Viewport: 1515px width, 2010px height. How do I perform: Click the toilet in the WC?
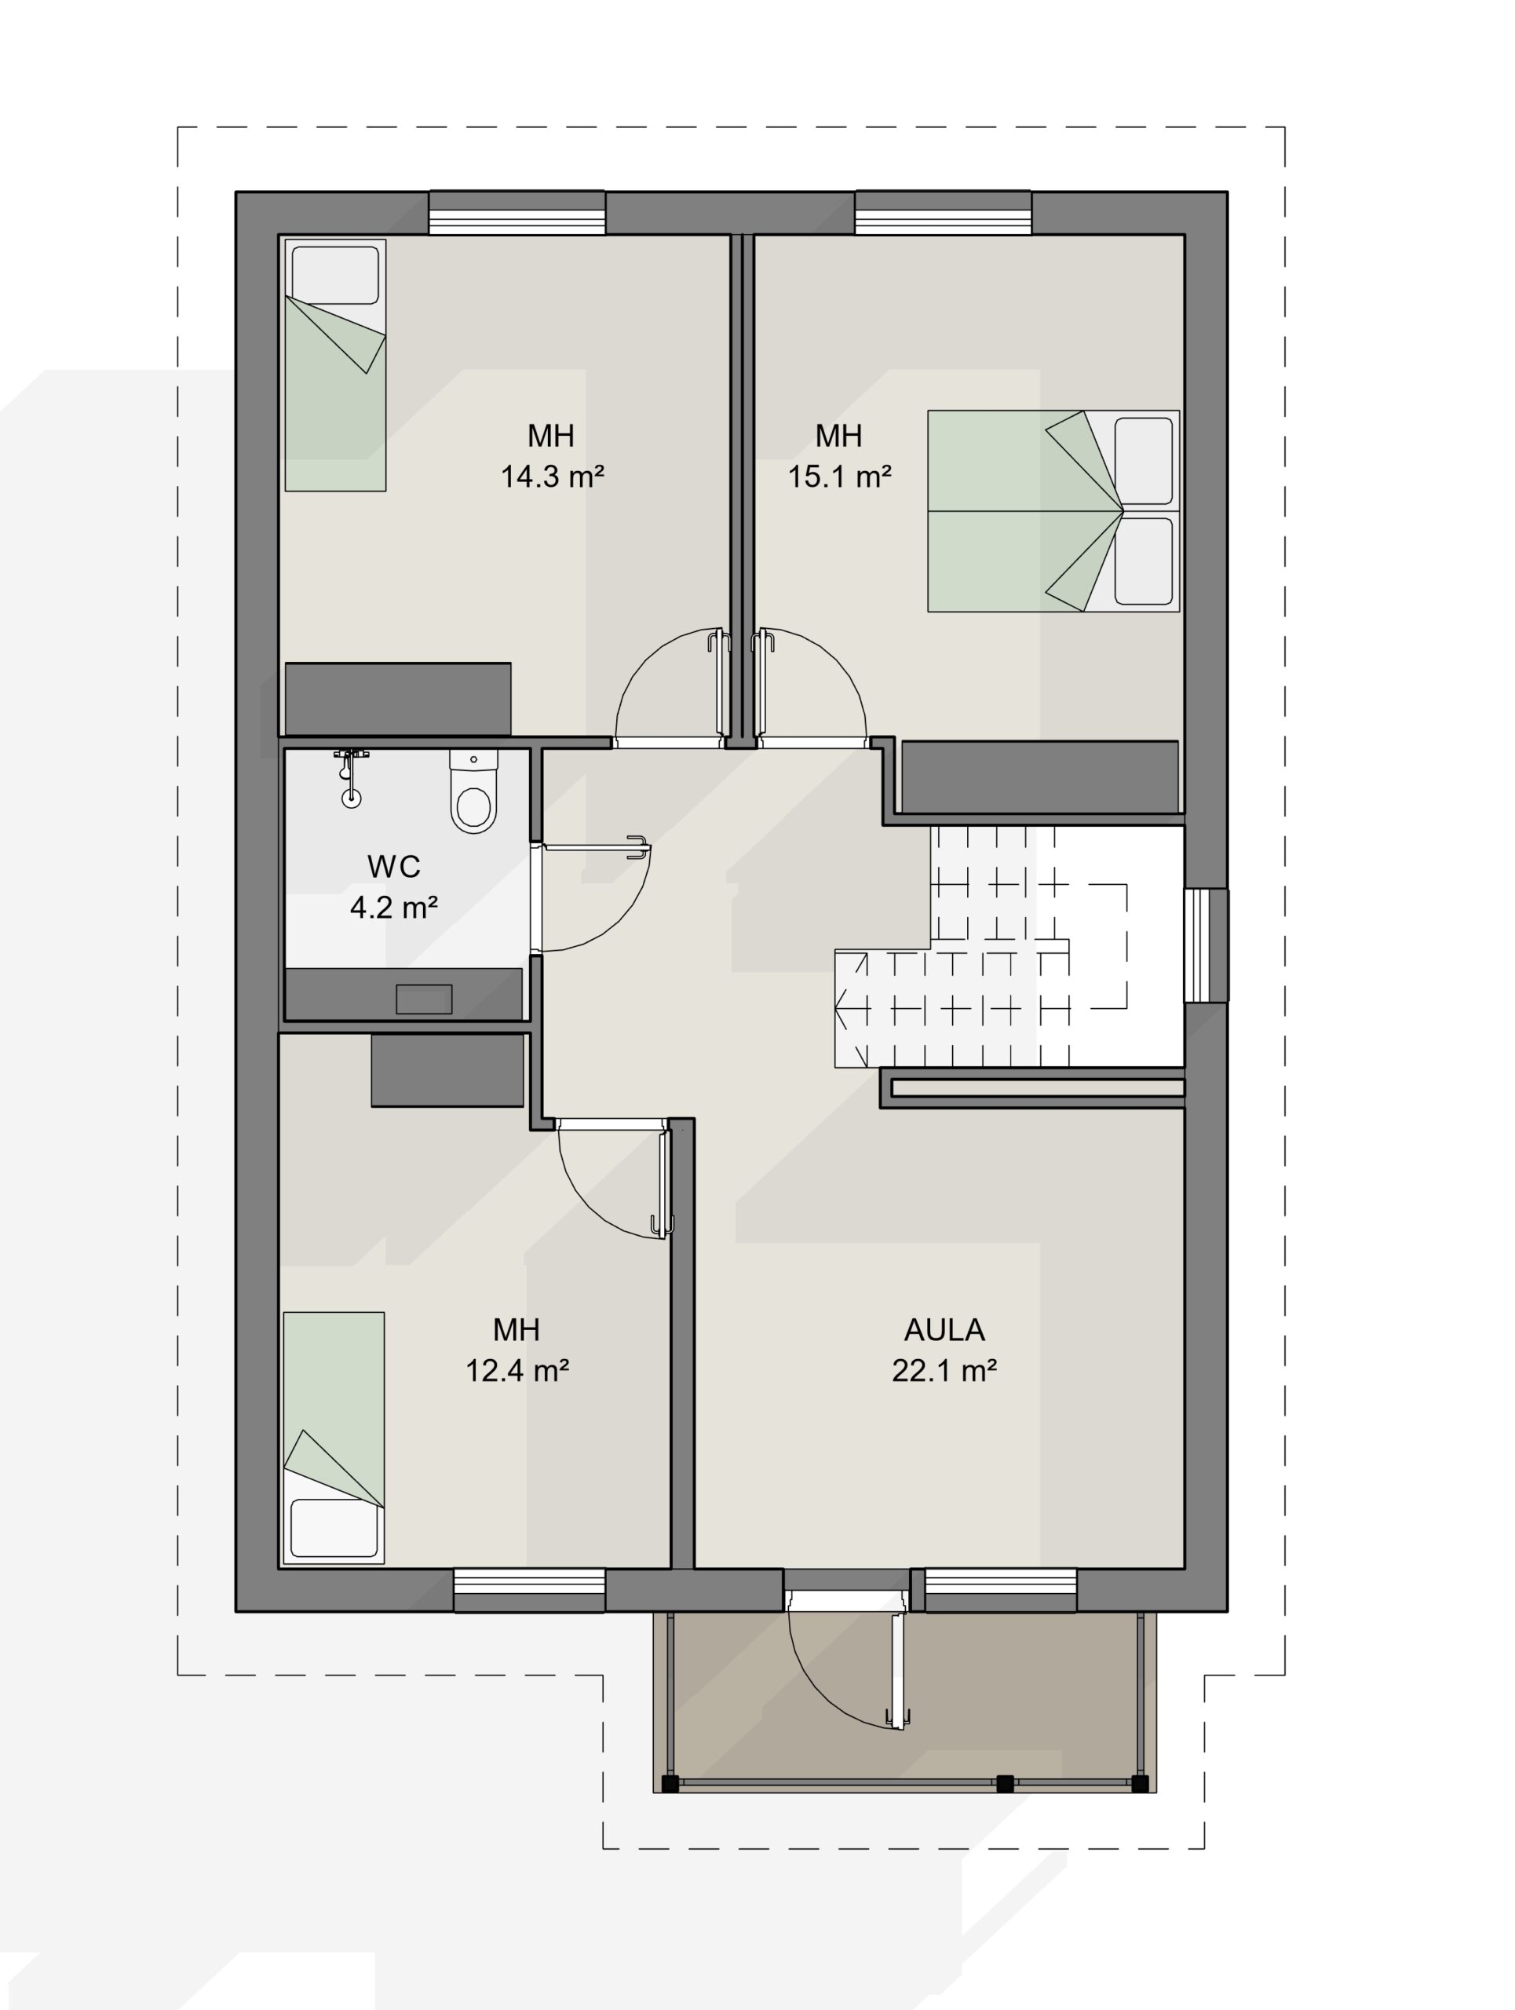pos(473,791)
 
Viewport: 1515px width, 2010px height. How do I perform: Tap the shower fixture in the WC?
pos(351,778)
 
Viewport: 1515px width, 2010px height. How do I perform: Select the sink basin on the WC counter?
pos(423,999)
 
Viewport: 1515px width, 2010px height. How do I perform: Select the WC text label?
pos(393,867)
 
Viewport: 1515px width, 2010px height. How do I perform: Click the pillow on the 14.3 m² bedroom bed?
pos(335,276)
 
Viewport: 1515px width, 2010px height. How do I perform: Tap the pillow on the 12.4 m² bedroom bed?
pos(334,1527)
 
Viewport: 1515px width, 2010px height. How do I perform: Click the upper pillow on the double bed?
pos(1144,461)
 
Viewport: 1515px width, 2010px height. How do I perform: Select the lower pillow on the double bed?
pos(1144,561)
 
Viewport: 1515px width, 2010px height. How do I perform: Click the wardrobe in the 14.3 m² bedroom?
pos(398,699)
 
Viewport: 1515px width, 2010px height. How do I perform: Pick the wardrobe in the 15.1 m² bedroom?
pos(1040,777)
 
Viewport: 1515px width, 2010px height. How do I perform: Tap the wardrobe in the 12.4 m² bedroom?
pos(447,1070)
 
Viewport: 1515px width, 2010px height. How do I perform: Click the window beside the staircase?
pos(1207,945)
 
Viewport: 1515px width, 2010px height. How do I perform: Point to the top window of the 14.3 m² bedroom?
pos(517,213)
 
